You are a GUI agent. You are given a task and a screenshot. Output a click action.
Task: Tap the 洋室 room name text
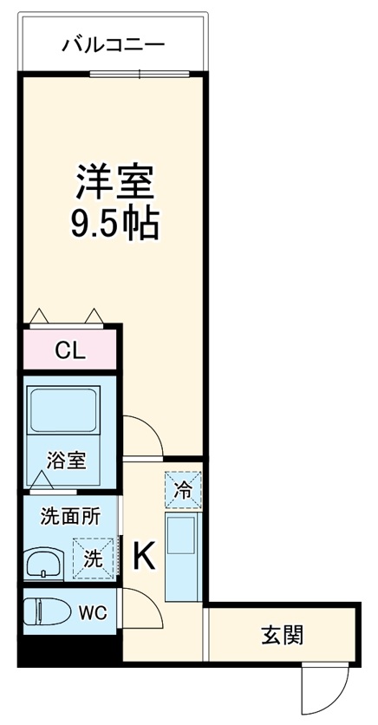click(114, 182)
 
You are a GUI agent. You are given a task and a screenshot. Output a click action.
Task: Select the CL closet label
click(69, 350)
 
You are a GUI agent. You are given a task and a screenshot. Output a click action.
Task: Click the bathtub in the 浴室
click(67, 412)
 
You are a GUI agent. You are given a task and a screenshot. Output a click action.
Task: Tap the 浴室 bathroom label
click(67, 460)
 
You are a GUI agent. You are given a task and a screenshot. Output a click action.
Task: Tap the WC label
click(93, 613)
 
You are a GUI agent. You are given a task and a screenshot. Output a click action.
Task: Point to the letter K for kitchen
click(143, 556)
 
